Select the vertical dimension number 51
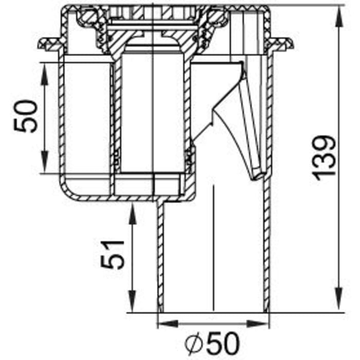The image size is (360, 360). (x=113, y=254)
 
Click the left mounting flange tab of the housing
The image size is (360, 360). (x=49, y=44)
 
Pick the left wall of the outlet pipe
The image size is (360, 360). (x=160, y=257)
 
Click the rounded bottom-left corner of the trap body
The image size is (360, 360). (x=68, y=192)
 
